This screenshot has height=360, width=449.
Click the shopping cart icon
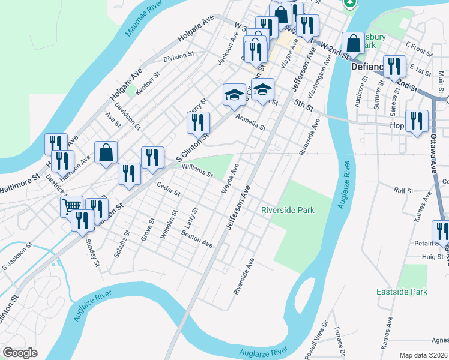71,206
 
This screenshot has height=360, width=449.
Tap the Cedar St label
169,190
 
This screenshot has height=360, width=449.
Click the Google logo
20,353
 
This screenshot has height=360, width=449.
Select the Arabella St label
250,122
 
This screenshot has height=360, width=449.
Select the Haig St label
432,257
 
